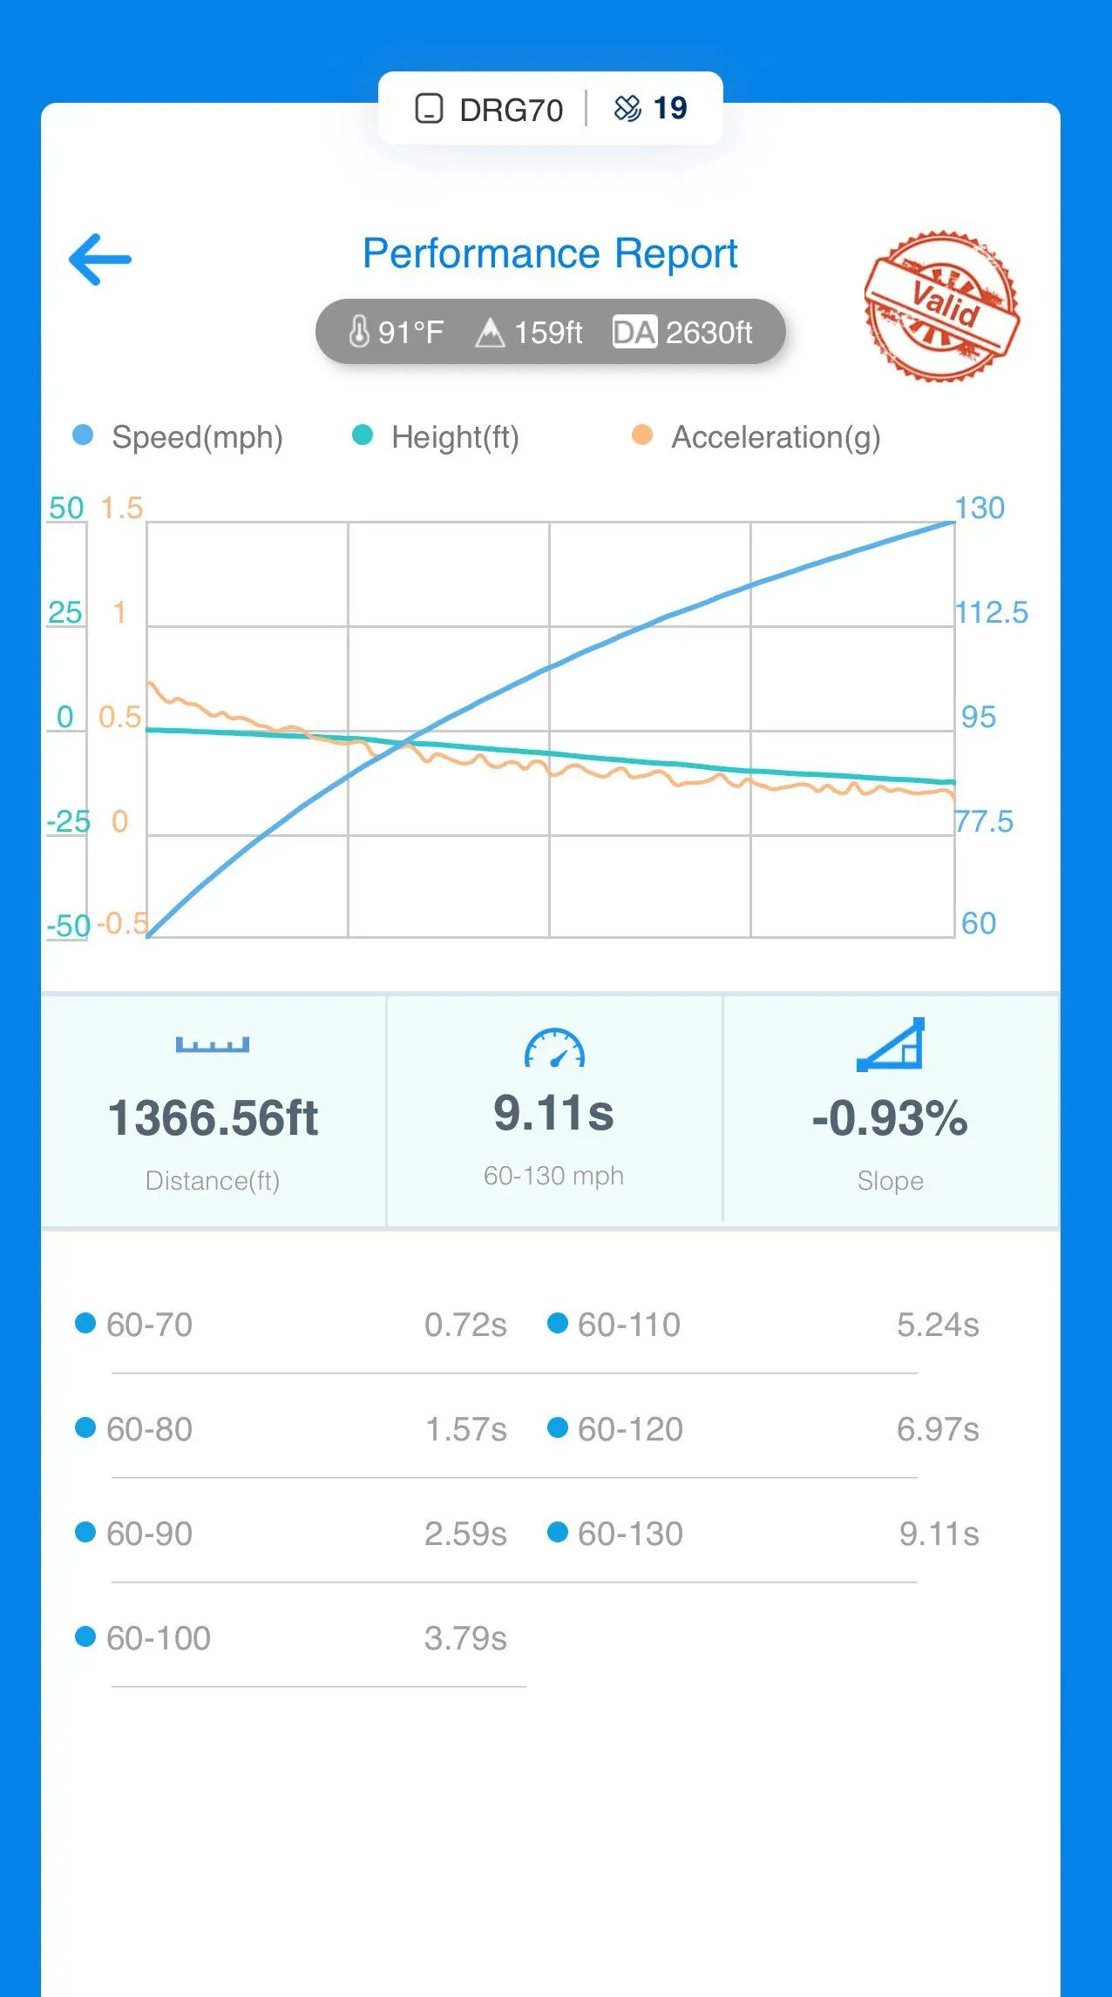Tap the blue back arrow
point(100,259)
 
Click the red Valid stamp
point(942,306)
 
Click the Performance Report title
point(550,253)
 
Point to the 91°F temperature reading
point(397,332)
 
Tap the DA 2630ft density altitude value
point(683,332)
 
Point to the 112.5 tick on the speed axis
point(991,612)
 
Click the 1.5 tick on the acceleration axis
point(121,508)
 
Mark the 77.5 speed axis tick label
point(985,821)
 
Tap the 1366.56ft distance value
point(213,1117)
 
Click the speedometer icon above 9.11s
point(554,1048)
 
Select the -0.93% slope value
point(890,1117)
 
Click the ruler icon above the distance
point(213,1044)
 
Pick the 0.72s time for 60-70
point(465,1325)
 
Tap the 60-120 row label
point(629,1429)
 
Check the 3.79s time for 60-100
point(465,1638)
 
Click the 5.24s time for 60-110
point(938,1325)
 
